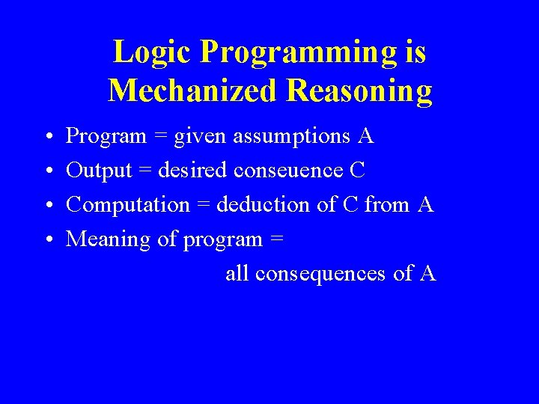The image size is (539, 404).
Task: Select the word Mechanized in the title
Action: (x=193, y=91)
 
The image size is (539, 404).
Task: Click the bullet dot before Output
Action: (x=47, y=171)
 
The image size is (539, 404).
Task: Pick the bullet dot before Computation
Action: (x=47, y=206)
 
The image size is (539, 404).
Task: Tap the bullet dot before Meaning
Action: (x=47, y=240)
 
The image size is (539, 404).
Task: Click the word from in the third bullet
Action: (x=388, y=205)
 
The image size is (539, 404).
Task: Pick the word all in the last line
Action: (x=237, y=274)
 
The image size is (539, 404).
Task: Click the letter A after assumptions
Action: (x=366, y=137)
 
